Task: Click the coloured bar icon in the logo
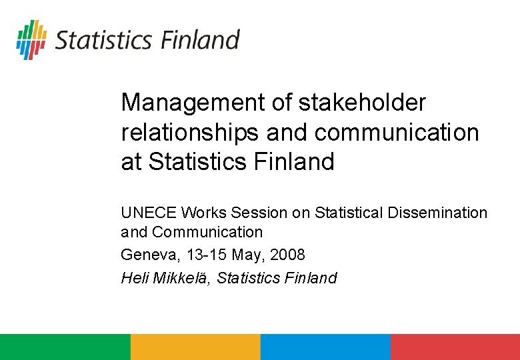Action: [31, 39]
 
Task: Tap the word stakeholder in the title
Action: [362, 103]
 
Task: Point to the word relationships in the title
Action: [189, 132]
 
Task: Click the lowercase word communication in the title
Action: [397, 132]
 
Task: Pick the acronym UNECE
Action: [148, 213]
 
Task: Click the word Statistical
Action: [349, 213]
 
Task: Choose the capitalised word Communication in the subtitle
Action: [207, 232]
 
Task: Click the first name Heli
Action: [135, 277]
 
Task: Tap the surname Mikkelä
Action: [181, 277]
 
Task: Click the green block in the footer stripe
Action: [65, 347]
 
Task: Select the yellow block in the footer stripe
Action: [195, 347]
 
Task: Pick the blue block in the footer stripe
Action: [325, 347]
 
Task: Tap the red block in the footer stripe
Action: [455, 347]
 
